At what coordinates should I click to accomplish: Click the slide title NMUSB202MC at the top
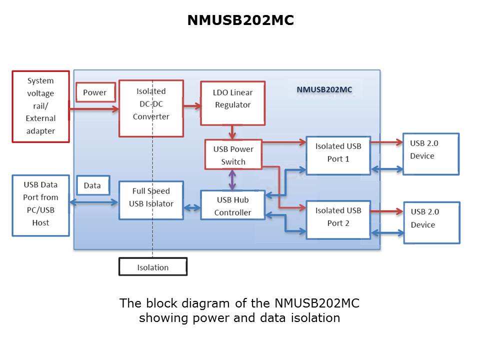click(x=240, y=20)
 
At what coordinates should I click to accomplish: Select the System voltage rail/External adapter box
click(x=40, y=106)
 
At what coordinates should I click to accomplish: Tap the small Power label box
click(x=94, y=92)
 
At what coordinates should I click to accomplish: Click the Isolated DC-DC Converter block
click(x=151, y=107)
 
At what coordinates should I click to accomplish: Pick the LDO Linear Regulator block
click(x=232, y=102)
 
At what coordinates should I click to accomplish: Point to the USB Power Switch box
click(x=233, y=154)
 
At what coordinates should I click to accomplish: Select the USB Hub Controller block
click(x=232, y=205)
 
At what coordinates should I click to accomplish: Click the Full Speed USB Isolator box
click(x=151, y=200)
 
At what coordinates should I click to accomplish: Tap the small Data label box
click(x=92, y=185)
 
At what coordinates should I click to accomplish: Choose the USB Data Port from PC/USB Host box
click(x=40, y=205)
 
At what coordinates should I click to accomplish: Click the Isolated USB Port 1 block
click(x=338, y=155)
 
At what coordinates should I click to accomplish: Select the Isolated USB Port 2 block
click(x=338, y=219)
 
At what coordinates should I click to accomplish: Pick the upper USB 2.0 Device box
click(x=430, y=153)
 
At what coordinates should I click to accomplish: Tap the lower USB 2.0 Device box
click(x=431, y=222)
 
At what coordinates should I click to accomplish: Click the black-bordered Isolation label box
click(x=153, y=267)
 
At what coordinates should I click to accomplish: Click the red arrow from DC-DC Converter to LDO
click(x=191, y=106)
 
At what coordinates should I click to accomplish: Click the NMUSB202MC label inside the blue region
click(x=324, y=89)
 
